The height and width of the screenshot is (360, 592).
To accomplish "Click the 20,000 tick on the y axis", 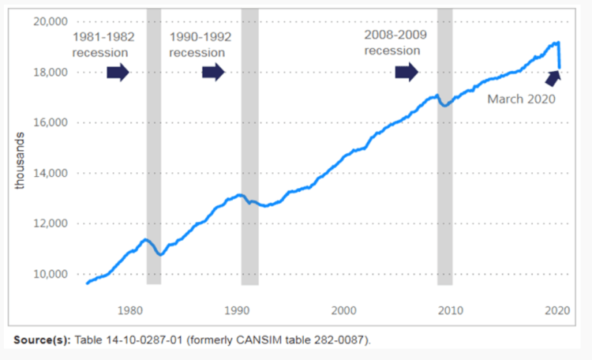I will (49, 21).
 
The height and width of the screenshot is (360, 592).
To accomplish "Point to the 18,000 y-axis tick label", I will (49, 72).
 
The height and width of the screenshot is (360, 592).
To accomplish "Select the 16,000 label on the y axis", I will (49, 122).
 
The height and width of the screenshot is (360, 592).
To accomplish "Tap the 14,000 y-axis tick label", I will (49, 173).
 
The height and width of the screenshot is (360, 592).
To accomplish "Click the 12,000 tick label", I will (49, 223).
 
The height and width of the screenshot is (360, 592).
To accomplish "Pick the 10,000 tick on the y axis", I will (49, 274).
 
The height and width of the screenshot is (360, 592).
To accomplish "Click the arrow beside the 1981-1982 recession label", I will (117, 73).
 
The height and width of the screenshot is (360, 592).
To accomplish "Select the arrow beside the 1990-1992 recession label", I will (213, 73).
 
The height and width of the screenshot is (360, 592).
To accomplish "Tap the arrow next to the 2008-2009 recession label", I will (407, 73).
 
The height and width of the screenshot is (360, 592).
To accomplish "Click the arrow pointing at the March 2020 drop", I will (550, 78).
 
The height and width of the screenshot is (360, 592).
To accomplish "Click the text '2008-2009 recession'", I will (392, 43).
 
